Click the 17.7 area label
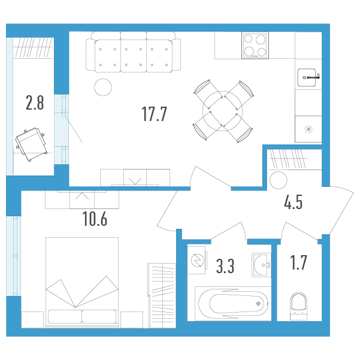point(154,114)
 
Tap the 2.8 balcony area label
point(35,102)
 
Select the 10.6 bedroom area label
point(95,219)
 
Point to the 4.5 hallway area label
point(293,202)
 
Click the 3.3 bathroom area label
point(225,267)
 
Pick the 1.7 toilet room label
point(298,262)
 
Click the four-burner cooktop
point(255,46)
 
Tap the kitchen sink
point(307,78)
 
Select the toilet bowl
point(298,306)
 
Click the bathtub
point(233,304)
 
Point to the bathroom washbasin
point(262,265)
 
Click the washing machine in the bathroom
point(196,260)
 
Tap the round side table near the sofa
point(103,87)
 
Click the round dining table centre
point(222,111)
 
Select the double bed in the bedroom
point(82,283)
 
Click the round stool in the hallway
point(279,180)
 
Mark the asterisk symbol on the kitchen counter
point(308,129)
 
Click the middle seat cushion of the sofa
point(134,56)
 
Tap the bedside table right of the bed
point(132,320)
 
